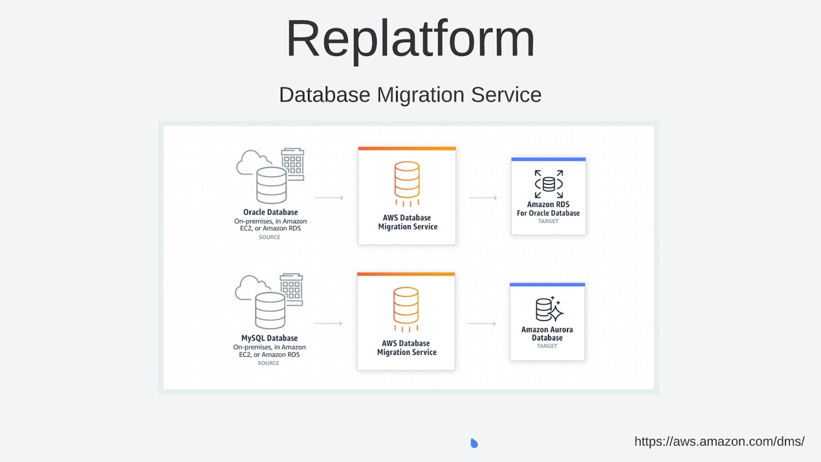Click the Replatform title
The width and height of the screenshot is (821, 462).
pyautogui.click(x=410, y=39)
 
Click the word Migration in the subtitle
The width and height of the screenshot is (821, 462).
pyautogui.click(x=420, y=95)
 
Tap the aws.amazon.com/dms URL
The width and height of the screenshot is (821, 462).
pyautogui.click(x=719, y=441)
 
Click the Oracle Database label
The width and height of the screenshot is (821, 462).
pyautogui.click(x=270, y=212)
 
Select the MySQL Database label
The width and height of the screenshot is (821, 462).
pyautogui.click(x=269, y=338)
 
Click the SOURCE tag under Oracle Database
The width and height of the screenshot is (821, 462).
pyautogui.click(x=269, y=237)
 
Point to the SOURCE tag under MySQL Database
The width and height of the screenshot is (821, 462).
pyautogui.click(x=268, y=363)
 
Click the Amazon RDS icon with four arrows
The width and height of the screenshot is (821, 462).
pyautogui.click(x=549, y=184)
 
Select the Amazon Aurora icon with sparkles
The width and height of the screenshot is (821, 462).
pyautogui.click(x=549, y=309)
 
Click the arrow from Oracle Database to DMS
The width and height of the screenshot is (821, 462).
pyautogui.click(x=329, y=198)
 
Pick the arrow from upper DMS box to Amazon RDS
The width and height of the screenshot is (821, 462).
pyautogui.click(x=483, y=198)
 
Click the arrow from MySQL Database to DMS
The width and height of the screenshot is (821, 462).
pyautogui.click(x=328, y=323)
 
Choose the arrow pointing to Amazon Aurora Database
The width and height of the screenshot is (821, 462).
pyautogui.click(x=482, y=323)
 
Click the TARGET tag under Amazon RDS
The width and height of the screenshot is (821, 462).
pyautogui.click(x=548, y=221)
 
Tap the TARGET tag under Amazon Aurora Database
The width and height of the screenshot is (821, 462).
pyautogui.click(x=547, y=346)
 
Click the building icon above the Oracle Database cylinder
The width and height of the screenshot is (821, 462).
pyautogui.click(x=293, y=163)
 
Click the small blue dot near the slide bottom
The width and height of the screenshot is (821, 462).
pyautogui.click(x=474, y=443)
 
